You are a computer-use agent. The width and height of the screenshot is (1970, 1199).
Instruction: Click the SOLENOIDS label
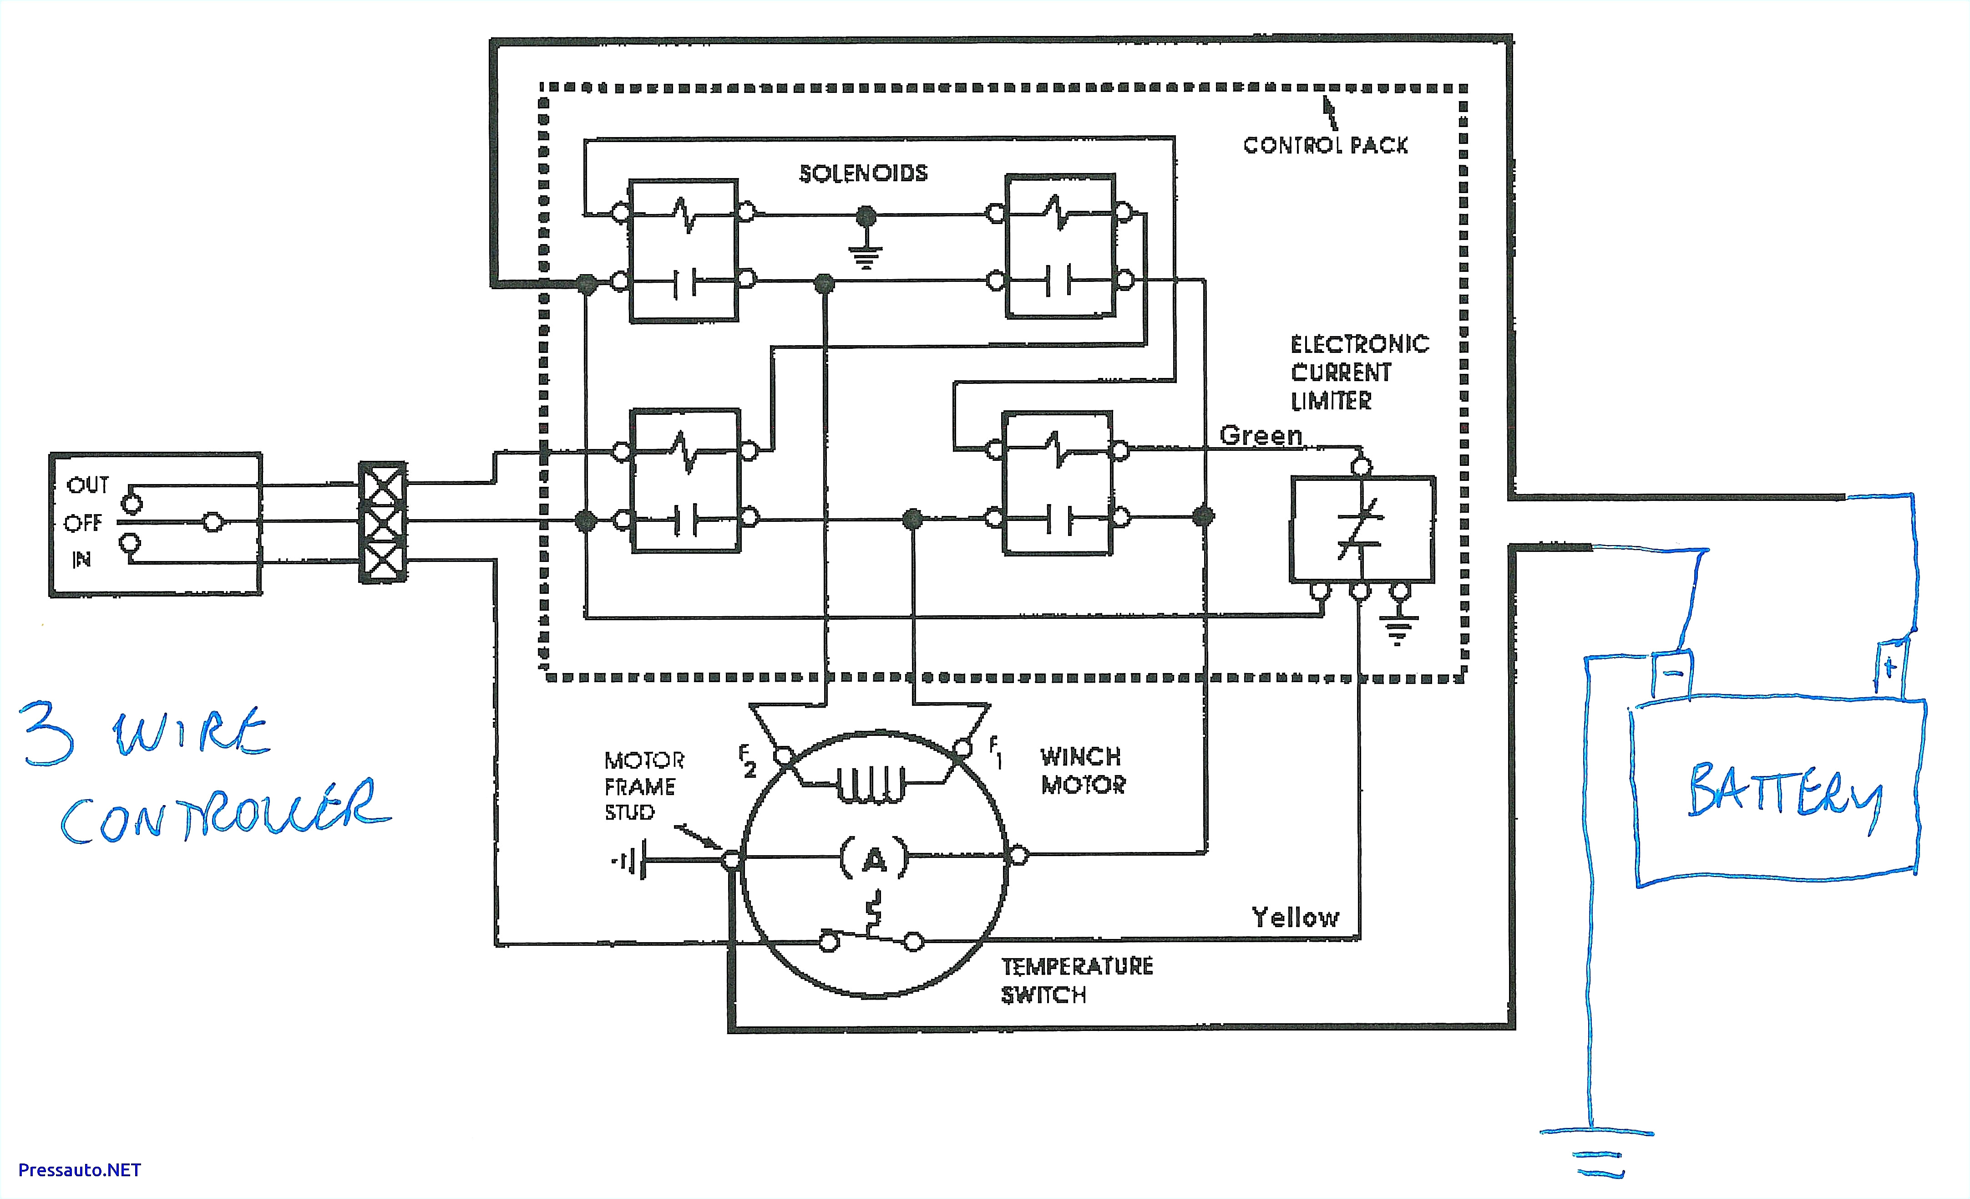pyautogui.click(x=863, y=173)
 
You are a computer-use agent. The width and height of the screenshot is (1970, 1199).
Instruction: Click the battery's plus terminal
pyautogui.click(x=1889, y=668)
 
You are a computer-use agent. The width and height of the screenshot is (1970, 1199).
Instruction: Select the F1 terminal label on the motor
pyautogui.click(x=995, y=752)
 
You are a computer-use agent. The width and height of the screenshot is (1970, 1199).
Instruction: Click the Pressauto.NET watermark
pyautogui.click(x=79, y=1170)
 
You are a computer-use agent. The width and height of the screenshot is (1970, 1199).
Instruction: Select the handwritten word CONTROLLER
pyautogui.click(x=224, y=812)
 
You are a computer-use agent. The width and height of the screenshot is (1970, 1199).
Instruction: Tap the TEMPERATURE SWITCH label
pyautogui.click(x=1076, y=980)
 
